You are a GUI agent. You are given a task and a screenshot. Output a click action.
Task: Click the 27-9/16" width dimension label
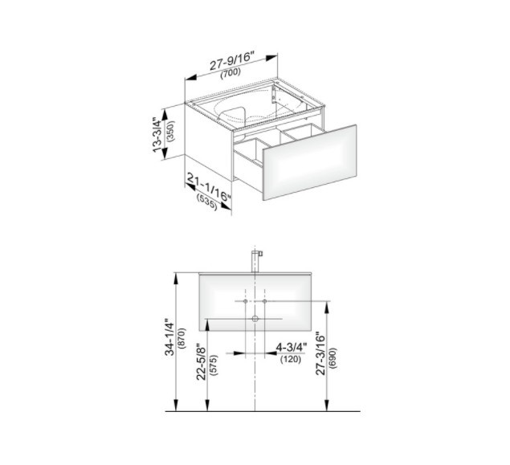point(231,61)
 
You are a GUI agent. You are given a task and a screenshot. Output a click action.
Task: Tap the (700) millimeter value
point(231,72)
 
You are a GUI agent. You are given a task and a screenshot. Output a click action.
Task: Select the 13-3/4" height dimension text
point(157,135)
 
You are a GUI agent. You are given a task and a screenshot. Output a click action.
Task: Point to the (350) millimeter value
point(170,131)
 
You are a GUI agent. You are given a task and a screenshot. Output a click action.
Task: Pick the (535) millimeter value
point(207,202)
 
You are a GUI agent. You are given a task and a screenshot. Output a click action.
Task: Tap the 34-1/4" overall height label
point(169,337)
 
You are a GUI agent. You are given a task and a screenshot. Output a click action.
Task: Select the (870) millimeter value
point(182,338)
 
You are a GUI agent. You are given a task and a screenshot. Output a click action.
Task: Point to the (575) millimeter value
point(214,365)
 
